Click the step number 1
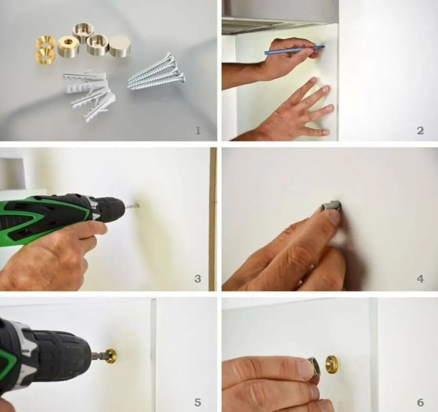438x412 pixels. point(198,130)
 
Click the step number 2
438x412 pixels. point(420,130)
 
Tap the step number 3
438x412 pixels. point(198,279)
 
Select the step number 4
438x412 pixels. point(420,279)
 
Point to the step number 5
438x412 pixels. point(198,402)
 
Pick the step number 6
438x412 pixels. point(420,402)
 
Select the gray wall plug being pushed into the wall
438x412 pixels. point(331,206)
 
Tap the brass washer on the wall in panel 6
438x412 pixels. point(331,365)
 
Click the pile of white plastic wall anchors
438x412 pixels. point(89,94)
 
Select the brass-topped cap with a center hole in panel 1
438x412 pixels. point(69,45)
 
